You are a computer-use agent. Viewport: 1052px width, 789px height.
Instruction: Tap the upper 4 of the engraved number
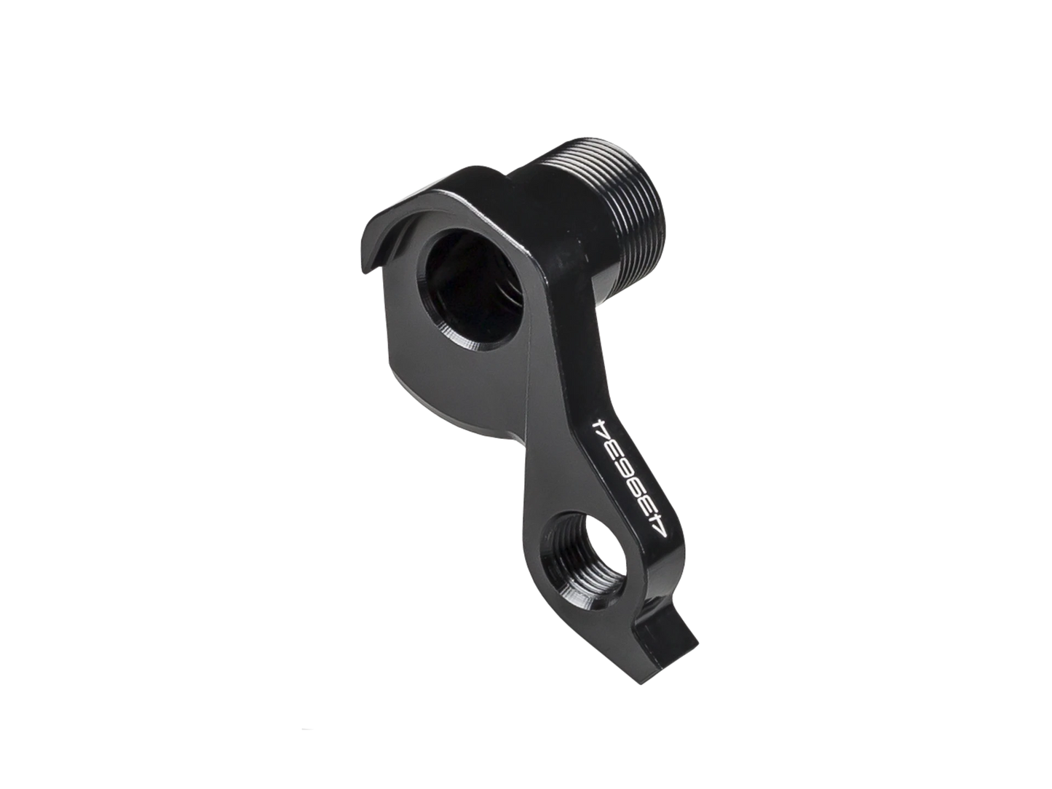(601, 424)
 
